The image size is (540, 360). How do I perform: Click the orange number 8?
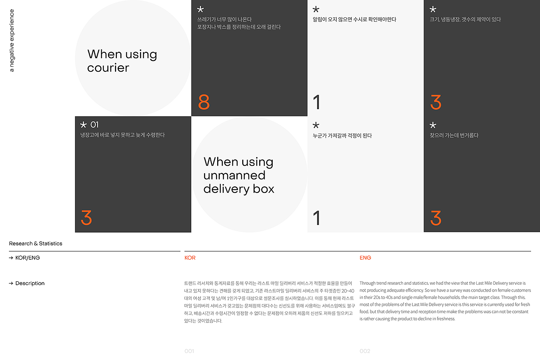(x=204, y=102)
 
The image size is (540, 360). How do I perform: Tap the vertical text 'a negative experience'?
(x=12, y=41)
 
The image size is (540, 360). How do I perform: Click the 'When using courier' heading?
(x=122, y=61)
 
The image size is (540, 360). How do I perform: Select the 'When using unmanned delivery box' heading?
(x=239, y=175)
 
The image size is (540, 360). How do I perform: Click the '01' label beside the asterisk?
(x=94, y=125)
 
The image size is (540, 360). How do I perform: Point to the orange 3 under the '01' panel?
(x=86, y=218)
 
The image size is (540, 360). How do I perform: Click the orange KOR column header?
(x=190, y=258)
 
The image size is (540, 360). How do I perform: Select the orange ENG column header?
(x=365, y=258)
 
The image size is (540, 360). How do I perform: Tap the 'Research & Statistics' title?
(x=35, y=243)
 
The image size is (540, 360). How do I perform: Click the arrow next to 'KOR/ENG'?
(x=11, y=258)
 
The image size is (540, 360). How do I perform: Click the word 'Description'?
(x=30, y=283)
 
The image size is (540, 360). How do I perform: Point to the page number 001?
(x=189, y=351)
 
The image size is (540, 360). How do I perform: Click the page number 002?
(x=365, y=351)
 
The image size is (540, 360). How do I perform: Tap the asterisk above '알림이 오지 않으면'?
(x=316, y=9)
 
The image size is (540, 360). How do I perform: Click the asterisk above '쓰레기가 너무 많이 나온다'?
(x=200, y=9)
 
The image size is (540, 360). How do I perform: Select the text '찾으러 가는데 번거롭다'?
(x=454, y=135)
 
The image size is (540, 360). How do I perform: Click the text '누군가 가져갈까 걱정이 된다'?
(x=343, y=135)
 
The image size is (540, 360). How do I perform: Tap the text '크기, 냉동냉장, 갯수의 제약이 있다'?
(x=465, y=19)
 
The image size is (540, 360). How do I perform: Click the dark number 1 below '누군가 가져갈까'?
(x=317, y=218)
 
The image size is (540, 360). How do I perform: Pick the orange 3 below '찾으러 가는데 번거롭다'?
(x=436, y=218)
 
